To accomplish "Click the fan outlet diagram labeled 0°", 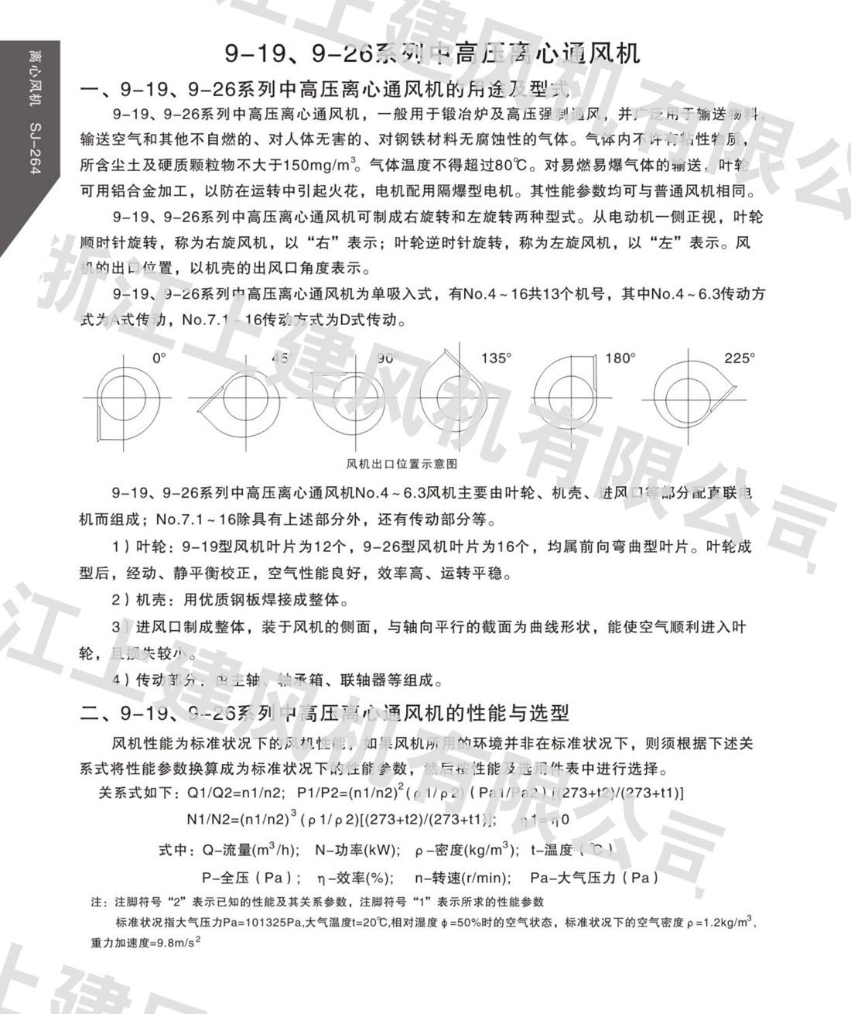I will (123, 399).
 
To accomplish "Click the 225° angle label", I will (739, 358).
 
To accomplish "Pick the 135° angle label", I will (496, 358).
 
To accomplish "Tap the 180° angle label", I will (620, 358).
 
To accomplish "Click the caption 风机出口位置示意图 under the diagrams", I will (402, 464).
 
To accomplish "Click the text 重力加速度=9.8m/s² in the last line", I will (145, 942).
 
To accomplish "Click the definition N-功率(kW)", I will (357, 850).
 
